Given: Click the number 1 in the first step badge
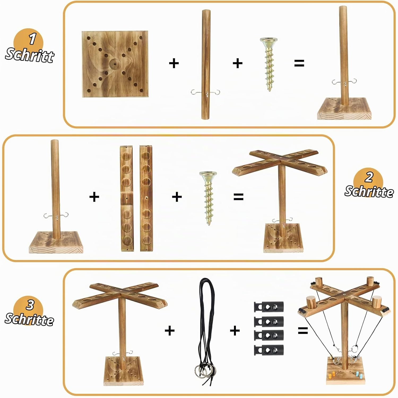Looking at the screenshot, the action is pos(32,39).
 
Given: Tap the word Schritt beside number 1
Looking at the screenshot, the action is pos(30,55).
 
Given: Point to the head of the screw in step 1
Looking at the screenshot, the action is pos(269,41).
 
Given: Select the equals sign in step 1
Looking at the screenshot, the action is pos(299,63).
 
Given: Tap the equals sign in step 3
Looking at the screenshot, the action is pos(303,331).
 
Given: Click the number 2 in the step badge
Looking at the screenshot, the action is pos(369,177).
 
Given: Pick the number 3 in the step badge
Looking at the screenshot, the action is pos(30,305).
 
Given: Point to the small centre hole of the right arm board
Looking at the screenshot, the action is pos(146,198).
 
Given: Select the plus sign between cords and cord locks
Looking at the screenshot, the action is pos(235,331).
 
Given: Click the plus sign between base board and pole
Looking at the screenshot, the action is pos(174,63).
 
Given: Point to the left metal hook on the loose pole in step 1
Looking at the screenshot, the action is pos(196,92).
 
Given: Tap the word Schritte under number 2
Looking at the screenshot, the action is pos(369,191).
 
